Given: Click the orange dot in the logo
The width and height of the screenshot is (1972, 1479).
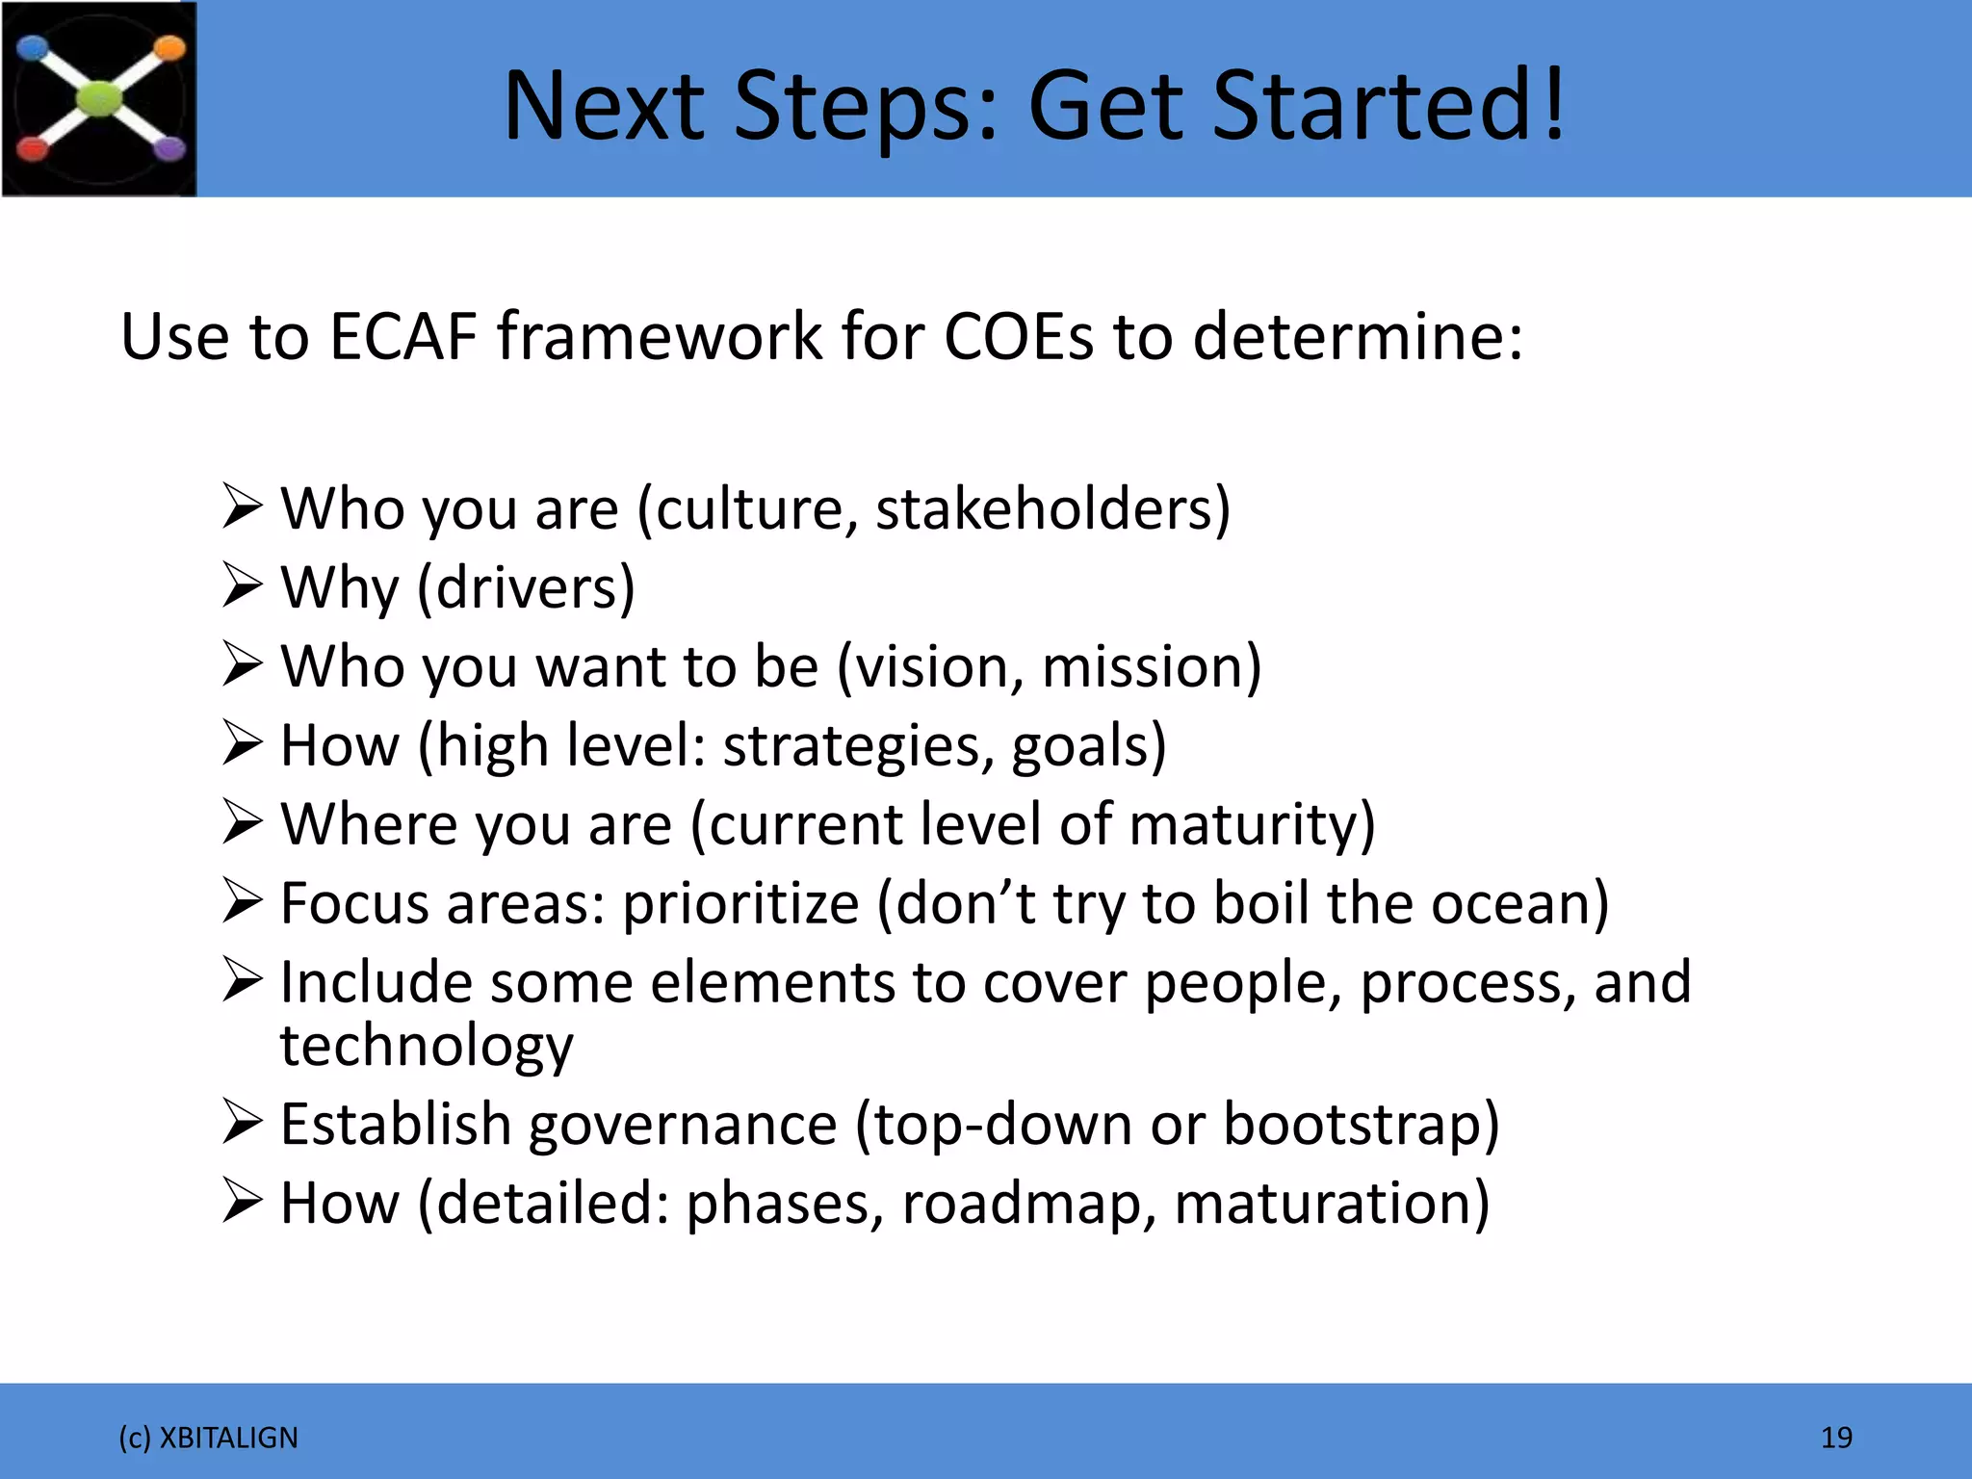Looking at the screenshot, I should pyautogui.click(x=169, y=48).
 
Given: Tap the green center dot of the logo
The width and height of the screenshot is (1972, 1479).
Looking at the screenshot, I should pyautogui.click(x=99, y=98).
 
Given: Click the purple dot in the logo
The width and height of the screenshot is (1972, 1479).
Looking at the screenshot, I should pyautogui.click(x=169, y=148).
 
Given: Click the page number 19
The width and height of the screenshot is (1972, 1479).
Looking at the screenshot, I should pyautogui.click(x=1836, y=1438).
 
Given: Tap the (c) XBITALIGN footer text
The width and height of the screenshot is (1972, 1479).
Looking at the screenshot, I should pyautogui.click(x=208, y=1438).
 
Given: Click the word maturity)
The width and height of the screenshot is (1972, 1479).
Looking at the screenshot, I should pyautogui.click(x=1252, y=825).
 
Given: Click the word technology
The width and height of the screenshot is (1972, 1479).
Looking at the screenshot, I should pyautogui.click(x=427, y=1047).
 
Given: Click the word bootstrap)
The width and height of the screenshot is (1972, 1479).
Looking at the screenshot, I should pyautogui.click(x=1361, y=1125).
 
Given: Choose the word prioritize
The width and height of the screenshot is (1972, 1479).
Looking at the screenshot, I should pyautogui.click(x=740, y=904).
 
